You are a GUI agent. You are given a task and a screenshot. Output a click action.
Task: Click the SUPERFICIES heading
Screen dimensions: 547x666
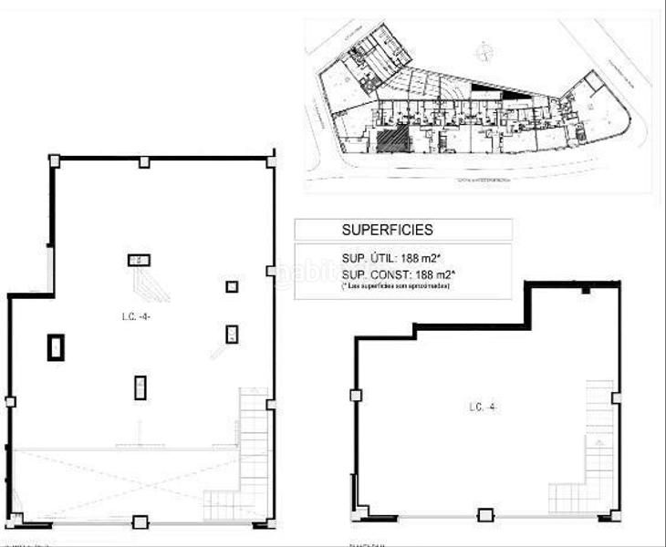pyautogui.click(x=387, y=230)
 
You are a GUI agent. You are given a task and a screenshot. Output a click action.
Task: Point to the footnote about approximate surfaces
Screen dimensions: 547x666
pyautogui.click(x=397, y=286)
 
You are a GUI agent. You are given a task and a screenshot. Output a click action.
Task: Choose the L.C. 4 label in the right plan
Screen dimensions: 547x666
pyautogui.click(x=480, y=408)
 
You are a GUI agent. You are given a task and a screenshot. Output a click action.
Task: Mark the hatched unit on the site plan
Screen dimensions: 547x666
pyautogui.click(x=390, y=142)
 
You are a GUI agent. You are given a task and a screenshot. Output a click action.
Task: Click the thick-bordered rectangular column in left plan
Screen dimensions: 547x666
pyautogui.click(x=57, y=347)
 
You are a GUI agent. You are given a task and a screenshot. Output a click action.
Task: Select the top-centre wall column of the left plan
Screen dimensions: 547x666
pyautogui.click(x=143, y=161)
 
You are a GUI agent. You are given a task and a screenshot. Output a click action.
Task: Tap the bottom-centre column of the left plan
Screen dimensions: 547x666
pyautogui.click(x=140, y=522)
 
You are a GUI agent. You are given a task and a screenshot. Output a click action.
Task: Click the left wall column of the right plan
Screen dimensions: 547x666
pyautogui.click(x=355, y=395)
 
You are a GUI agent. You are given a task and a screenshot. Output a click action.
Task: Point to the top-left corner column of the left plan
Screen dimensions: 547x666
pyautogui.click(x=54, y=160)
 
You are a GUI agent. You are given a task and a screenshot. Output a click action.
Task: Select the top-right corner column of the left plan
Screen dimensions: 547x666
pyautogui.click(x=271, y=160)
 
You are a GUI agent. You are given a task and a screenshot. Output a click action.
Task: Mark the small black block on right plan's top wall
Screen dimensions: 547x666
pyautogui.click(x=587, y=291)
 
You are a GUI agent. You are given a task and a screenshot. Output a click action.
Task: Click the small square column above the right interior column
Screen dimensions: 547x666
pyautogui.click(x=232, y=286)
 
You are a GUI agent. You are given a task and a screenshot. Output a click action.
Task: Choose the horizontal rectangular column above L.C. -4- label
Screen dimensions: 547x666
pyautogui.click(x=138, y=260)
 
